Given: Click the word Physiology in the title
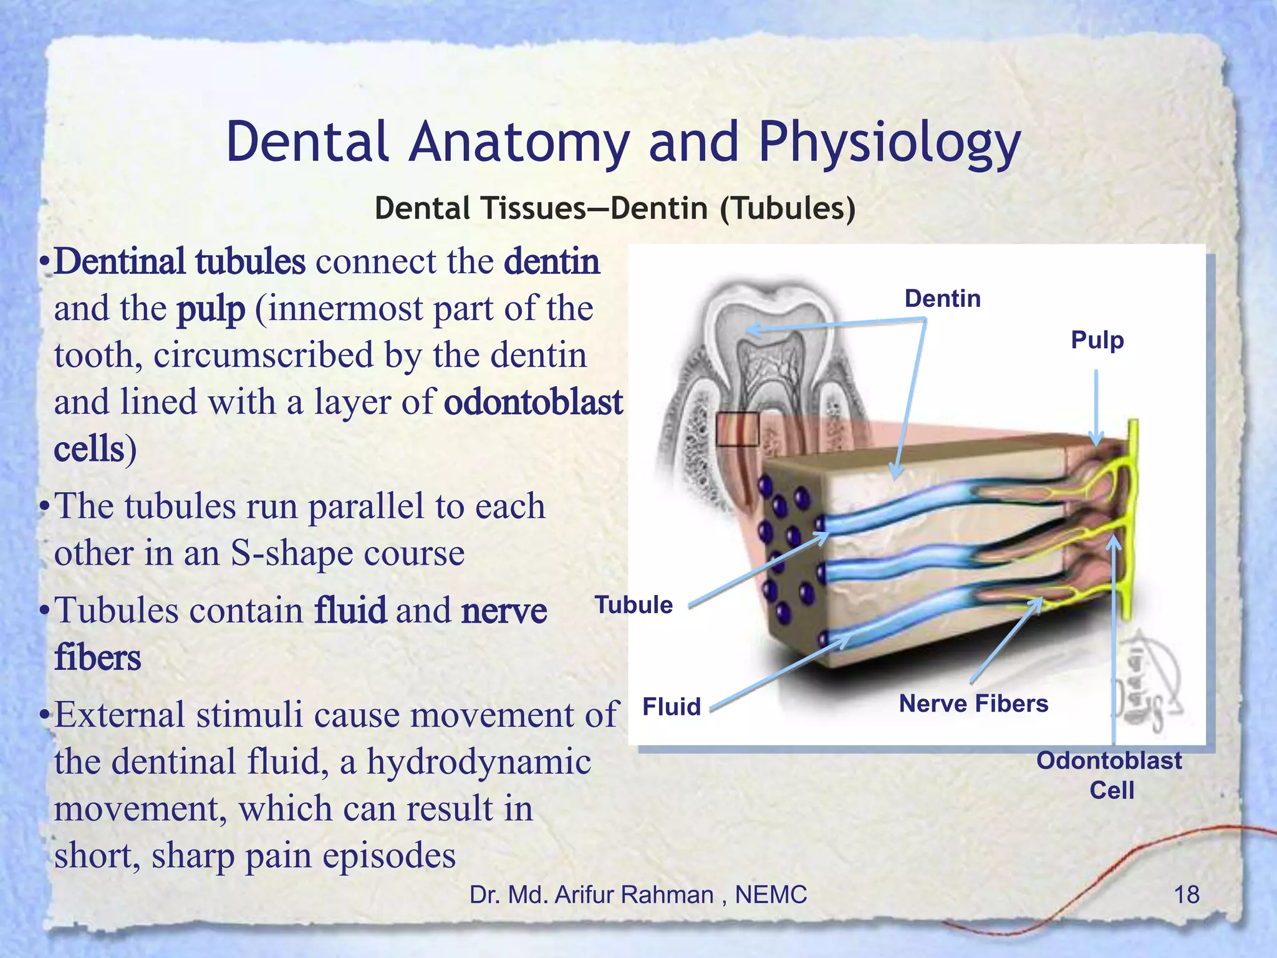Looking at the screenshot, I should (889, 143).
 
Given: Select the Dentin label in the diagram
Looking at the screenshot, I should (942, 299).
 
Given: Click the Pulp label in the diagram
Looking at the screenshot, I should (1097, 341).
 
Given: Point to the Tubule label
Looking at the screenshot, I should (634, 605).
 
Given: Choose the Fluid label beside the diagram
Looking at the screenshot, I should (672, 707).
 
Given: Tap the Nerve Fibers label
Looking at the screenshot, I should (973, 704).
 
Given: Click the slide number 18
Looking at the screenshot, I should (1186, 895).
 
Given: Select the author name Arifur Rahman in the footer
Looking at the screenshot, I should (634, 895).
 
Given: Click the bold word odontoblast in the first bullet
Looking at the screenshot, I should (533, 402).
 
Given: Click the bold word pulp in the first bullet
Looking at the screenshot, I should (211, 309).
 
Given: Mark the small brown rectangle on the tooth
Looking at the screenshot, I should (737, 429).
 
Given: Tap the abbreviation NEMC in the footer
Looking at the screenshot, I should (771, 895).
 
